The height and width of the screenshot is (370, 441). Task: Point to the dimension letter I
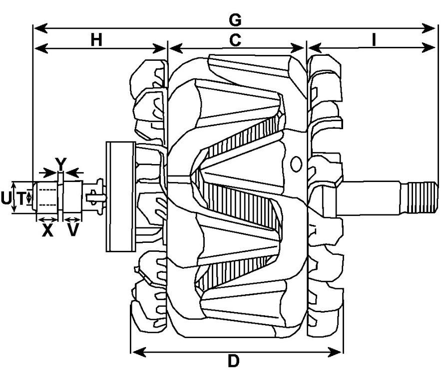click(373, 40)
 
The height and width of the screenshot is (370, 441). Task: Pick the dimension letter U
click(5, 198)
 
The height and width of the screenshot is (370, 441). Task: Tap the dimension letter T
click(21, 198)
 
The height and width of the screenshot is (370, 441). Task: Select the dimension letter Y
click(60, 163)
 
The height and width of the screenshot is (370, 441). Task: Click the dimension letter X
click(47, 230)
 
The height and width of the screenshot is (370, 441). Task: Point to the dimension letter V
click(73, 230)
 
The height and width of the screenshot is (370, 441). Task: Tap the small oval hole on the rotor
click(296, 163)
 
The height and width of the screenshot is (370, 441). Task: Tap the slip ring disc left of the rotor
click(120, 196)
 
